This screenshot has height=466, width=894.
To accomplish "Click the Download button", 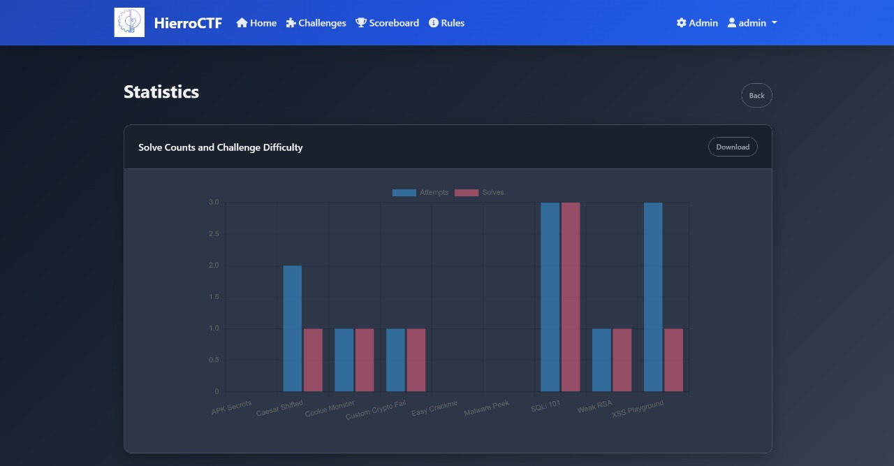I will (732, 147).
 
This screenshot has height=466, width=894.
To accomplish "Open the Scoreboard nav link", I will (388, 23).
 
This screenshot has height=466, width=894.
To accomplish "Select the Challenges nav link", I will (316, 23).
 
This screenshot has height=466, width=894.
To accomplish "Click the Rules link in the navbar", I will (446, 23).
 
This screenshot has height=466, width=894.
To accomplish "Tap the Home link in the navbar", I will (256, 23).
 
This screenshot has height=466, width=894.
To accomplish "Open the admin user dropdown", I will (752, 23).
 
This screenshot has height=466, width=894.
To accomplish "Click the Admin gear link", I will (697, 23).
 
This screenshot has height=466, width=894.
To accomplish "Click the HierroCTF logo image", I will (129, 22).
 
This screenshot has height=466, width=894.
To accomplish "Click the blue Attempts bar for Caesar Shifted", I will (293, 328).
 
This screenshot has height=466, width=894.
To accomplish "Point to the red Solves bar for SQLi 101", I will (571, 297).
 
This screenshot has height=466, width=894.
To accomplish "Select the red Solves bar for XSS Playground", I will (673, 360).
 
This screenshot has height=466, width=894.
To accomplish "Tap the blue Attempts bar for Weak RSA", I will (601, 360).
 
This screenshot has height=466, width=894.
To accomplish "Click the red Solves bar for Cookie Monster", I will (365, 360).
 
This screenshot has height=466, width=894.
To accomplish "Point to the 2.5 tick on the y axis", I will (214, 234).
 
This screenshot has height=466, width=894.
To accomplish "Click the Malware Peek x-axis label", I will (487, 408).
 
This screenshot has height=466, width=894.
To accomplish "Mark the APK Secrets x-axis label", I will (232, 408).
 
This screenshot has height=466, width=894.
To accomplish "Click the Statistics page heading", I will (161, 92).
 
